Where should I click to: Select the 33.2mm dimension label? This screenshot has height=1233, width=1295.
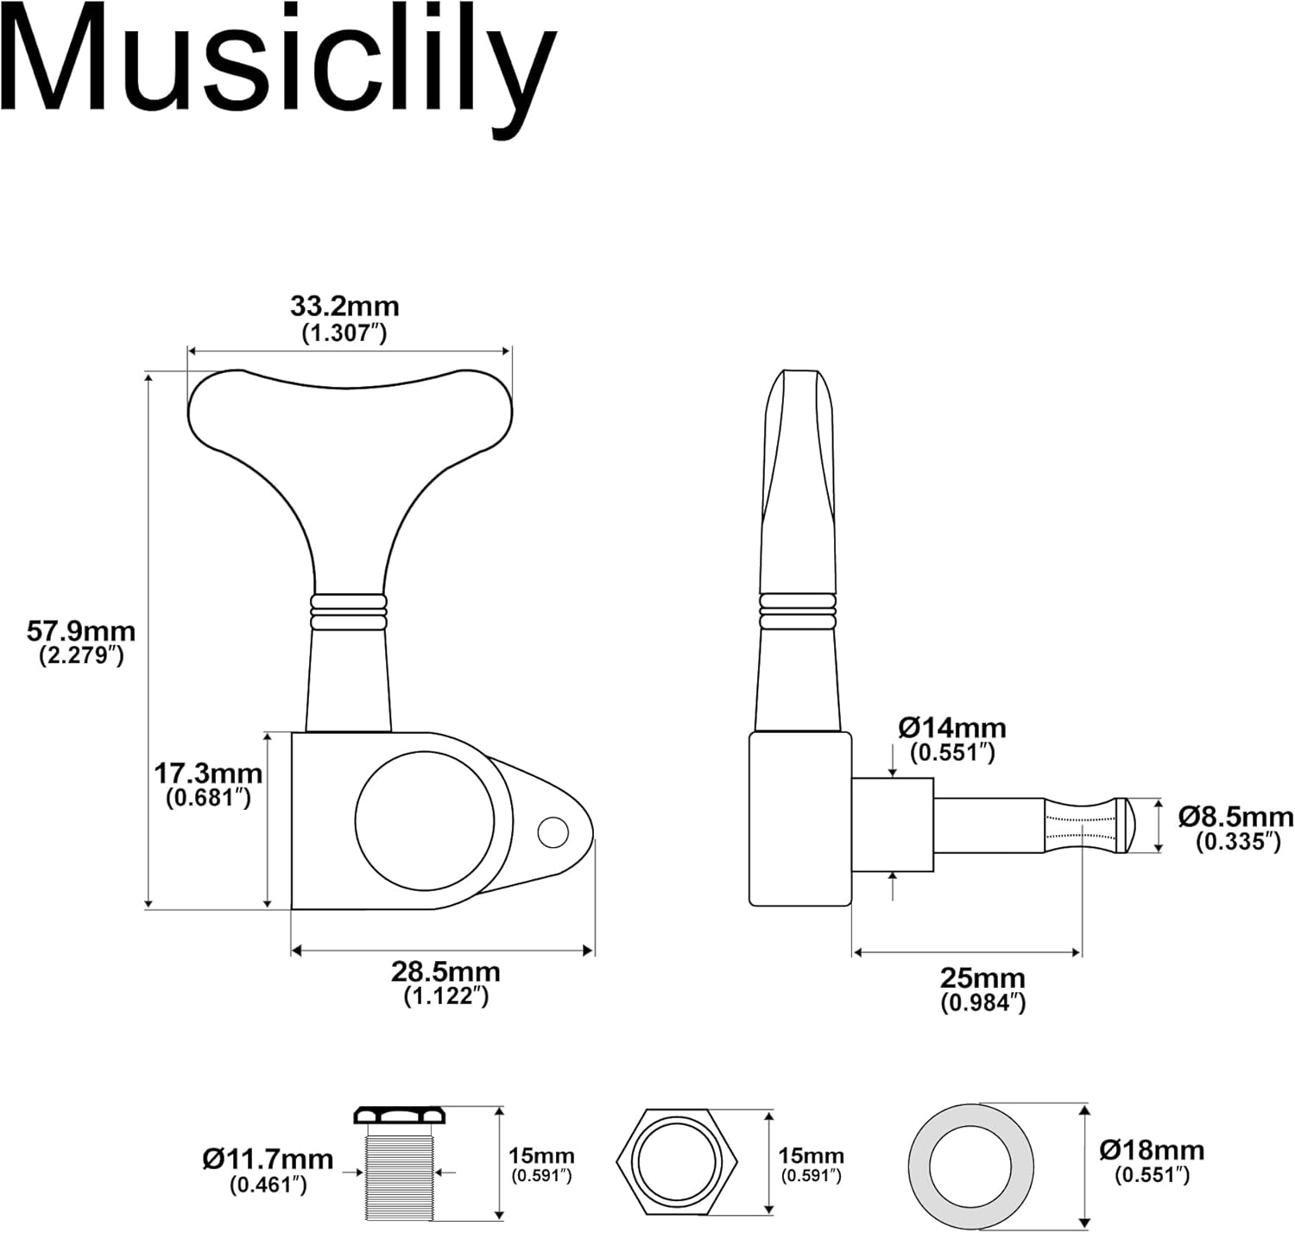click(x=344, y=307)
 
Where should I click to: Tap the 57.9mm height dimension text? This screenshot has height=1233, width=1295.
click(x=81, y=631)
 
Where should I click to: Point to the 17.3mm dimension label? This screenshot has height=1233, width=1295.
click(x=208, y=772)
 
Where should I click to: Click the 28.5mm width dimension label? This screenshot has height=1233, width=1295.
click(x=445, y=971)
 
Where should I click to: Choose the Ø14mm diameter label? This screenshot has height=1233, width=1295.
click(x=952, y=728)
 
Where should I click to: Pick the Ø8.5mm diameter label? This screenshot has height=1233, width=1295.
click(x=1236, y=817)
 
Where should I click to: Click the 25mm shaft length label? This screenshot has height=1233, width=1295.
click(x=982, y=978)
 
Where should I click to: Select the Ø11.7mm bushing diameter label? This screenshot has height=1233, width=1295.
click(x=268, y=1159)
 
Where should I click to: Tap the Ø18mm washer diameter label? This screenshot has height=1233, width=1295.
click(x=1152, y=1150)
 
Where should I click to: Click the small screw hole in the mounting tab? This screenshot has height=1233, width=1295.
click(x=553, y=833)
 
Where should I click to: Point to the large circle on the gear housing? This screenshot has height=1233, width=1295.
click(x=425, y=819)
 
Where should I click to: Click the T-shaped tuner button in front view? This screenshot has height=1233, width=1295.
click(x=349, y=449)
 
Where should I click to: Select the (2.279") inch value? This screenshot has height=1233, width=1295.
click(x=81, y=655)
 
